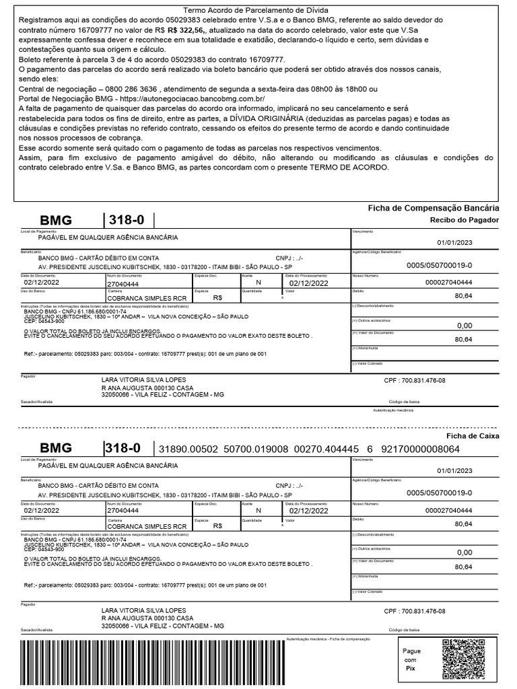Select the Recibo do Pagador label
(x=464, y=220)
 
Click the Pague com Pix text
(x=411, y=660)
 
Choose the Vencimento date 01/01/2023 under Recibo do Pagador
(x=454, y=244)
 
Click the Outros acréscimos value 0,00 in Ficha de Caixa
(x=464, y=552)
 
